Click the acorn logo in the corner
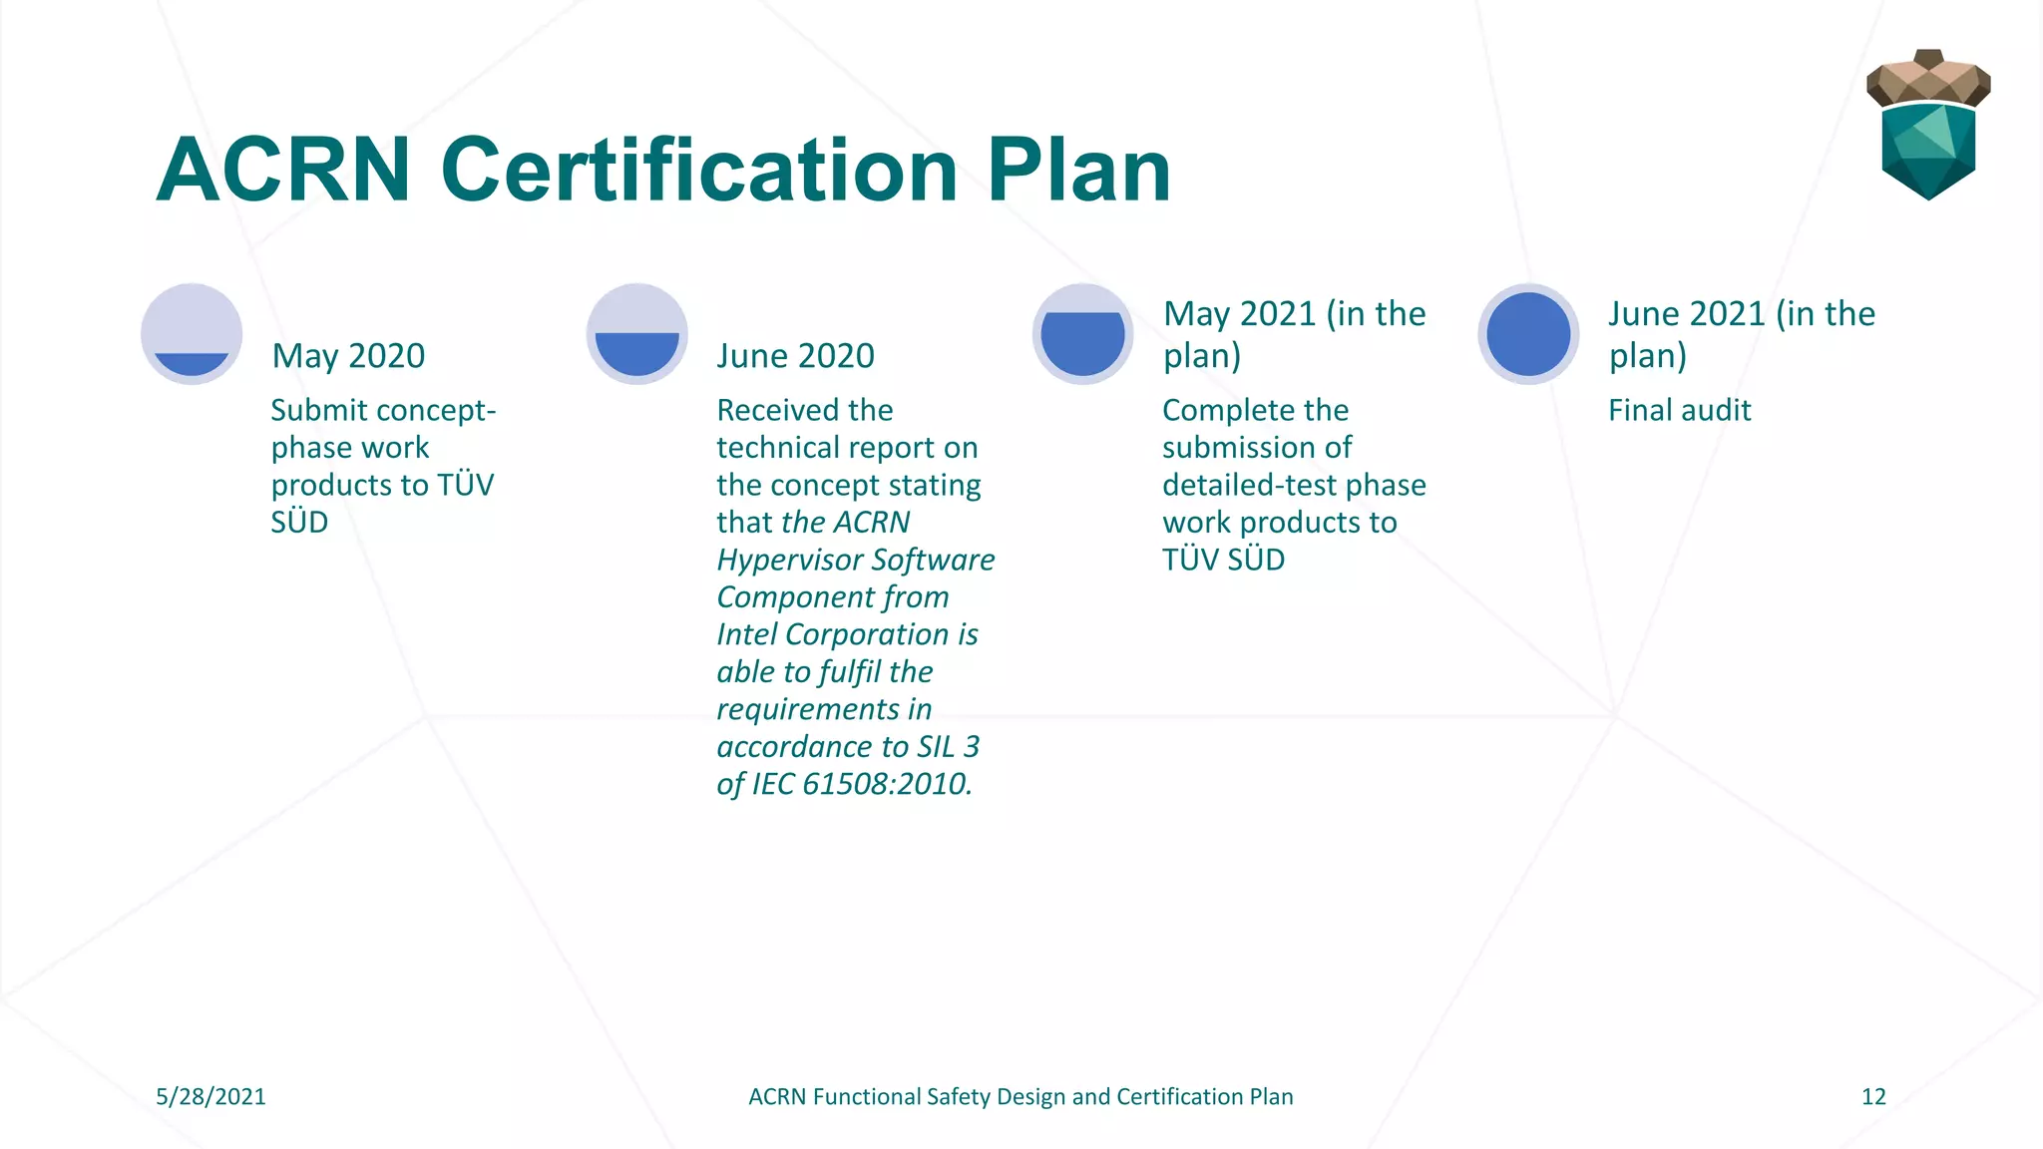pos(1927,125)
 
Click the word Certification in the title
pos(699,171)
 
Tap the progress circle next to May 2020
pos(192,334)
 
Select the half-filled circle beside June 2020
pos(637,334)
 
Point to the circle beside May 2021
pos(1082,334)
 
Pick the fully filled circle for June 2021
pos(1528,334)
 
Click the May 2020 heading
pos(348,356)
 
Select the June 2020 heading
pos(795,356)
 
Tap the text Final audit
pos(1679,410)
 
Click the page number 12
pos(1873,1097)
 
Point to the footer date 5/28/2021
pos(210,1097)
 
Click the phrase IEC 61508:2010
pos(862,784)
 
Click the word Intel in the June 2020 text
pos(747,634)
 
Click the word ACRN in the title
pos(283,171)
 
